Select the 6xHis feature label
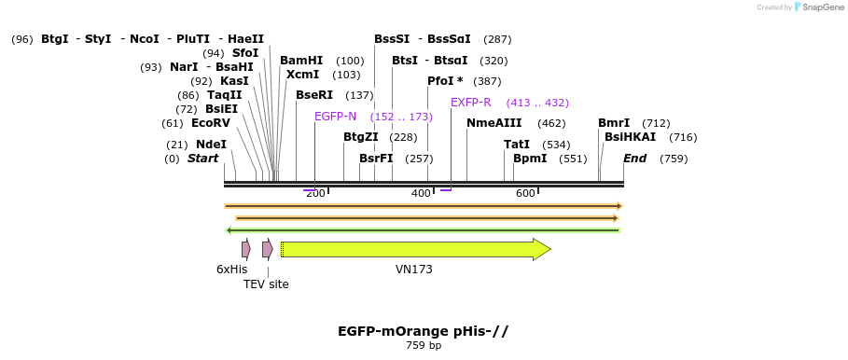pyautogui.click(x=231, y=270)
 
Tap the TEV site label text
pyautogui.click(x=266, y=284)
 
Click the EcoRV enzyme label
pyautogui.click(x=210, y=123)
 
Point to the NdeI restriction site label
pyautogui.click(x=211, y=145)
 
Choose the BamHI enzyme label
pyautogui.click(x=301, y=61)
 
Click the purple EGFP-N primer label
pyautogui.click(x=335, y=117)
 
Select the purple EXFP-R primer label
pyautogui.click(x=470, y=103)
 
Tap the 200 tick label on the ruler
pyautogui.click(x=315, y=193)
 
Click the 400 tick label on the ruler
pyautogui.click(x=421, y=193)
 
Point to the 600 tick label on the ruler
pyautogui.click(x=525, y=193)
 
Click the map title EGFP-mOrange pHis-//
pyautogui.click(x=423, y=331)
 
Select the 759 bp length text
pyautogui.click(x=424, y=346)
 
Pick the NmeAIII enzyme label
pyautogui.click(x=494, y=123)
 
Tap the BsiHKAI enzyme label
pyautogui.click(x=630, y=137)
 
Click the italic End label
pyautogui.click(x=634, y=159)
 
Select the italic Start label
pyautogui.click(x=202, y=159)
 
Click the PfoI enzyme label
pyautogui.click(x=445, y=81)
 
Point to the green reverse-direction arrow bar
pyautogui.click(x=423, y=230)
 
